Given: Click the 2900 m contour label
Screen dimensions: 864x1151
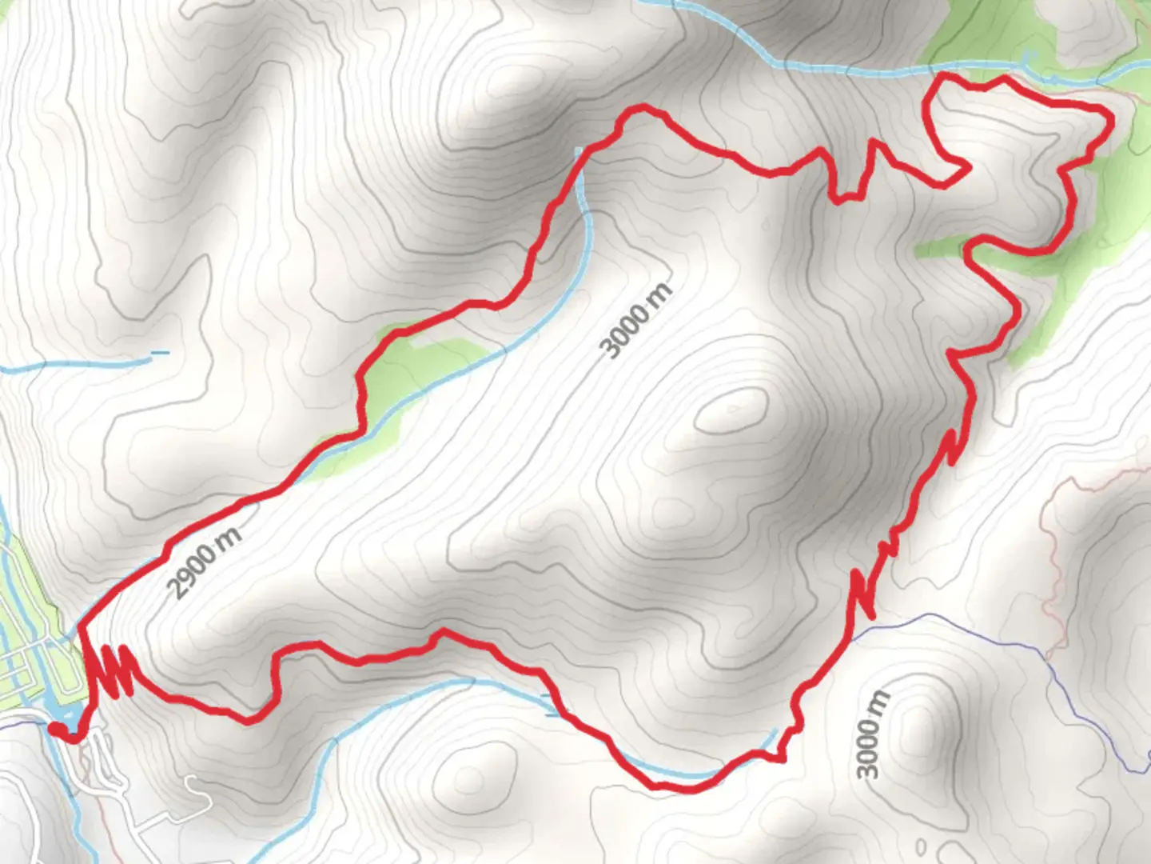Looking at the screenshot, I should [x=205, y=563].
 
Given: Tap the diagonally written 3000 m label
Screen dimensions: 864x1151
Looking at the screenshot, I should [x=637, y=321].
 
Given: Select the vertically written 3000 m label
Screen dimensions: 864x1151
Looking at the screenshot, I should [x=872, y=734].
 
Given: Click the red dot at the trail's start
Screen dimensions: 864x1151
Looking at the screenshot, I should [x=57, y=728].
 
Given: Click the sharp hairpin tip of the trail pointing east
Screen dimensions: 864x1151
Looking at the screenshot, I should [x=969, y=168].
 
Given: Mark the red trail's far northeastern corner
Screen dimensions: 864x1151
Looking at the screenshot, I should [x=1109, y=118].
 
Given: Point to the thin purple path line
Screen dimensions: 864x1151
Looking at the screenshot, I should [x=999, y=632].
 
